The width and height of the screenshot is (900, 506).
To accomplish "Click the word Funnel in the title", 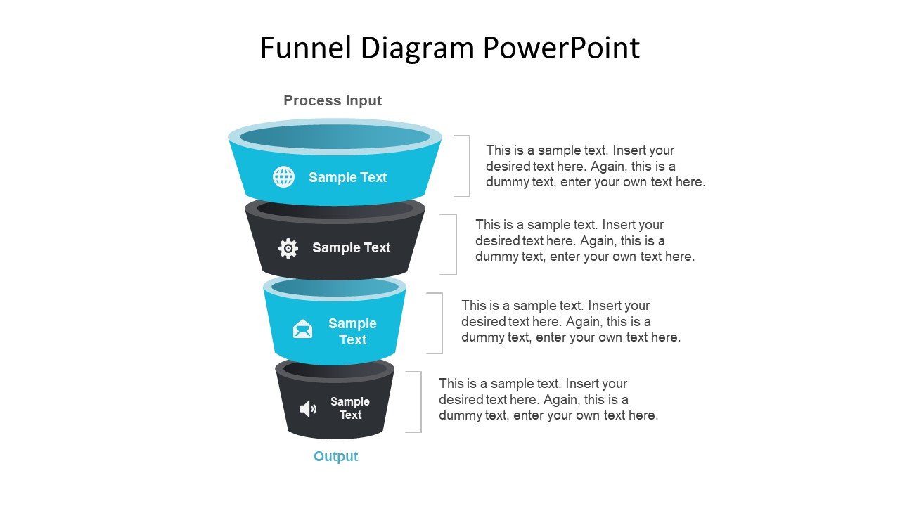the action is point(306,48).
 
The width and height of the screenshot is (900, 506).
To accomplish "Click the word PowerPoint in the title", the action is point(561,48).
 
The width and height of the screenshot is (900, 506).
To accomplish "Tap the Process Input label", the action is point(333,100).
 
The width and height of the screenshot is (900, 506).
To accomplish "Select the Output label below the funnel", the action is point(335,456).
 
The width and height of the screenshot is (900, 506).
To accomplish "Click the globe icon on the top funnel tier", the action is point(283,176).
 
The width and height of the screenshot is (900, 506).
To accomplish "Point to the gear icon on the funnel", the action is point(288,248).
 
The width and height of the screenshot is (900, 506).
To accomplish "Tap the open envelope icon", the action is point(302,329).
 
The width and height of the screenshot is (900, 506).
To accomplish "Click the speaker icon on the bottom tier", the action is point(308,409).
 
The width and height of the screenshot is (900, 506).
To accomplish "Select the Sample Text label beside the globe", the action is point(347,177).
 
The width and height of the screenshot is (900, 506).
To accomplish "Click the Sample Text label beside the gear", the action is point(351,248).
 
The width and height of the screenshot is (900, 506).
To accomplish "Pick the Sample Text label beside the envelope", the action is point(352,331).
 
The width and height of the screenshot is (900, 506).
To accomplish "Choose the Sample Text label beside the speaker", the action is point(350,408).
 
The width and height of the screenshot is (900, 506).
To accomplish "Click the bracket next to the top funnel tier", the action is point(470,167).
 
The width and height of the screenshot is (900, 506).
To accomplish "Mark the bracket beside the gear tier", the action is point(456,245).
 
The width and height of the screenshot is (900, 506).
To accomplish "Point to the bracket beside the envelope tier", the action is point(442,323).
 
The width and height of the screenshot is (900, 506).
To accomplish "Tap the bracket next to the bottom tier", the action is point(421,402).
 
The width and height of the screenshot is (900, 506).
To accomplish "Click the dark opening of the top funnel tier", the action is point(335,137).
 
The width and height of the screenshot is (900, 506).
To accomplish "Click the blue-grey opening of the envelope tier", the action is point(335,288).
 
